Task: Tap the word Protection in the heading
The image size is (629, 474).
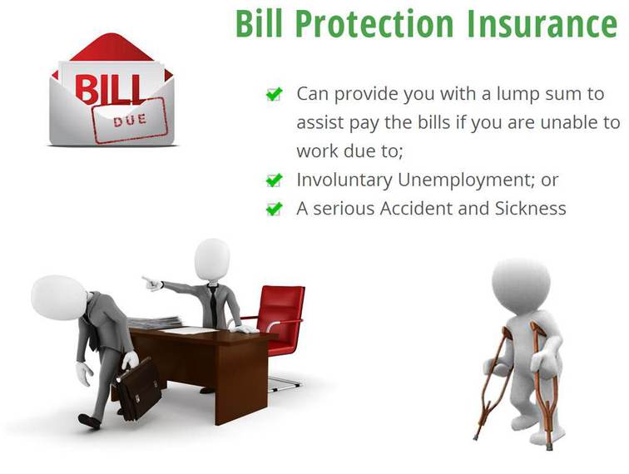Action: (x=374, y=24)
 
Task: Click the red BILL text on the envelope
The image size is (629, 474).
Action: (x=108, y=89)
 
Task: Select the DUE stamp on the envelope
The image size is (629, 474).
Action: (x=131, y=121)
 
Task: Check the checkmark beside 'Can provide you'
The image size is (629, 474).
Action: (x=275, y=95)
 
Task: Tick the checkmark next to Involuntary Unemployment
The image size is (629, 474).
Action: (x=275, y=180)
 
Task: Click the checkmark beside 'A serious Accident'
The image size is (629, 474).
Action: (x=275, y=209)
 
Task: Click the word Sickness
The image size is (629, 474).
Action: (x=530, y=209)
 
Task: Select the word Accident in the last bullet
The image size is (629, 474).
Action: (x=416, y=209)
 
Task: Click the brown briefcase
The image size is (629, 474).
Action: (x=138, y=388)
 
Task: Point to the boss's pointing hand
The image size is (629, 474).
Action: (x=152, y=283)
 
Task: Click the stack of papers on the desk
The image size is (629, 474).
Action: (x=155, y=322)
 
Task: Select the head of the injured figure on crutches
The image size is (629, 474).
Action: (x=521, y=285)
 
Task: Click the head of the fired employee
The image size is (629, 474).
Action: (x=59, y=298)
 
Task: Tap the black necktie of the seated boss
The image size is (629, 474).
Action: (x=212, y=304)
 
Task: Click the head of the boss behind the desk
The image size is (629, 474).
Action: (x=212, y=259)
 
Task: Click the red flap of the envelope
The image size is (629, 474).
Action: (x=112, y=48)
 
